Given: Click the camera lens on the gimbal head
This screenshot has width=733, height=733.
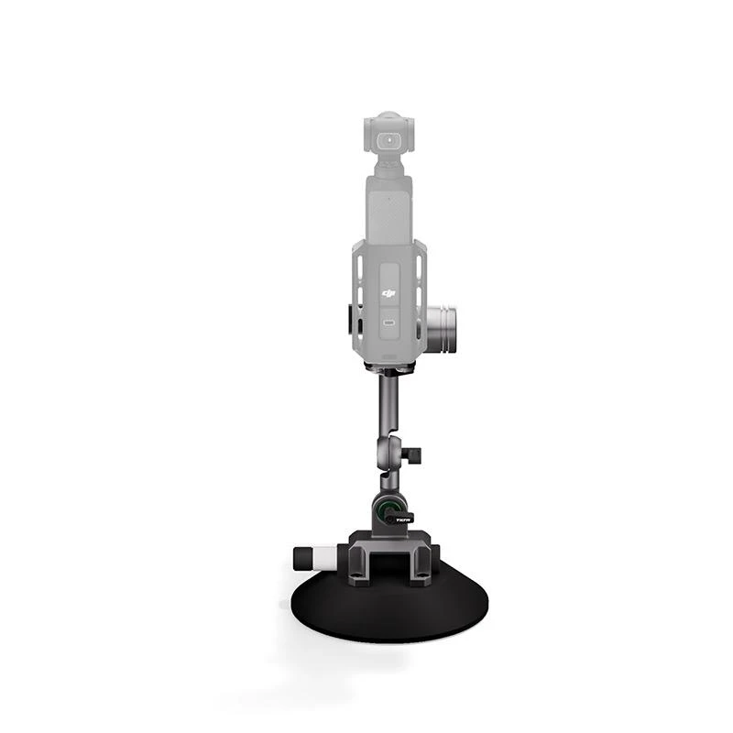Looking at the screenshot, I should point(391,140).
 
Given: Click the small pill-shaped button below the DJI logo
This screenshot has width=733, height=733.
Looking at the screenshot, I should point(388,323).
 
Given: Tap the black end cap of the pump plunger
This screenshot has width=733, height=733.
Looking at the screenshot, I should point(299,557).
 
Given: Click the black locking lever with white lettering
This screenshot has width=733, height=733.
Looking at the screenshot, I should point(399,519).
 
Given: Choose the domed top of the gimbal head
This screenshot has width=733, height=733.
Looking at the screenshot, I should point(389,119).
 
